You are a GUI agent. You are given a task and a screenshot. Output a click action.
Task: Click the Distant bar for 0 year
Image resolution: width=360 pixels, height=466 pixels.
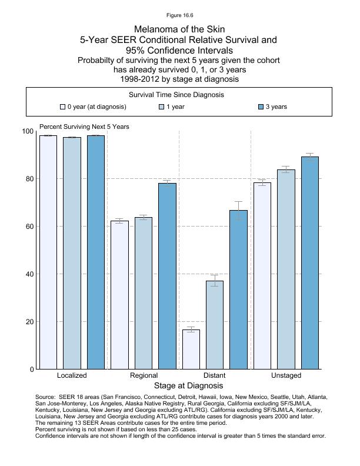[191, 349]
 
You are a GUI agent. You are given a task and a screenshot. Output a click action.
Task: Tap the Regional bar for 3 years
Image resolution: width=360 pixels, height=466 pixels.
[167, 276]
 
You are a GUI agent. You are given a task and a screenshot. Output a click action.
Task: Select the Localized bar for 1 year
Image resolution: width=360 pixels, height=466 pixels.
[72, 253]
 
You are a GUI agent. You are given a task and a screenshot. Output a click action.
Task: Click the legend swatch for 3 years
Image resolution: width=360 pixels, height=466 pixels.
[262, 107]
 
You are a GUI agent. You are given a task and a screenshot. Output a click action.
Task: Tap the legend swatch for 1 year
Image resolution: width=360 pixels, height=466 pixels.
[162, 107]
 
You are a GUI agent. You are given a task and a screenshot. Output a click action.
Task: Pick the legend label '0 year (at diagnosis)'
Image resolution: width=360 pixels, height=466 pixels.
[96, 107]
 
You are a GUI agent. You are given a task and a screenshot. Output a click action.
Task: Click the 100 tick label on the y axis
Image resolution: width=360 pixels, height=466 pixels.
[28, 131]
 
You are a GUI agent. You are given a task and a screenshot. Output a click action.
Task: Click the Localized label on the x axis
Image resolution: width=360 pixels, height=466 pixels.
[72, 375]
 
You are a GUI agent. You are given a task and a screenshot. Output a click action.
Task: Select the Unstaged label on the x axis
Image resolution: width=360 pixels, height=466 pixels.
[286, 375]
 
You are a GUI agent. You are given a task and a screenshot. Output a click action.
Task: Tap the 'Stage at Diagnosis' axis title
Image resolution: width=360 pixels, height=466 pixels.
[188, 386]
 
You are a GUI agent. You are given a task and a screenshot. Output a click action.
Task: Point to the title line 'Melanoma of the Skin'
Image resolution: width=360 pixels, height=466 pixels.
[180, 29]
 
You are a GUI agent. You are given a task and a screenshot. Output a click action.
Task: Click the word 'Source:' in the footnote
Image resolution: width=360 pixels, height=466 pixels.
[46, 397]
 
